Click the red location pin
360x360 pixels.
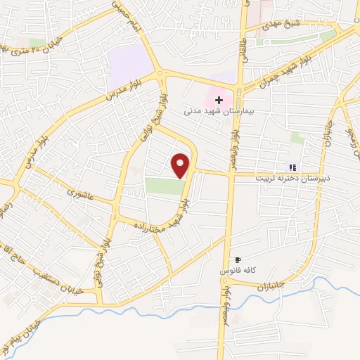pyautogui.click(x=181, y=165)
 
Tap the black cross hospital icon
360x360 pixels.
pyautogui.click(x=219, y=101)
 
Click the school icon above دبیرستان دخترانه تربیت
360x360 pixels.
pyautogui.click(x=292, y=167)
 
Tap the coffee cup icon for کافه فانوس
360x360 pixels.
pyautogui.click(x=238, y=259)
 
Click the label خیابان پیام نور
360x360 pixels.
pyautogui.click(x=18, y=337)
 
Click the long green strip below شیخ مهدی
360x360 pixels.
pyautogui.click(x=295, y=39)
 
